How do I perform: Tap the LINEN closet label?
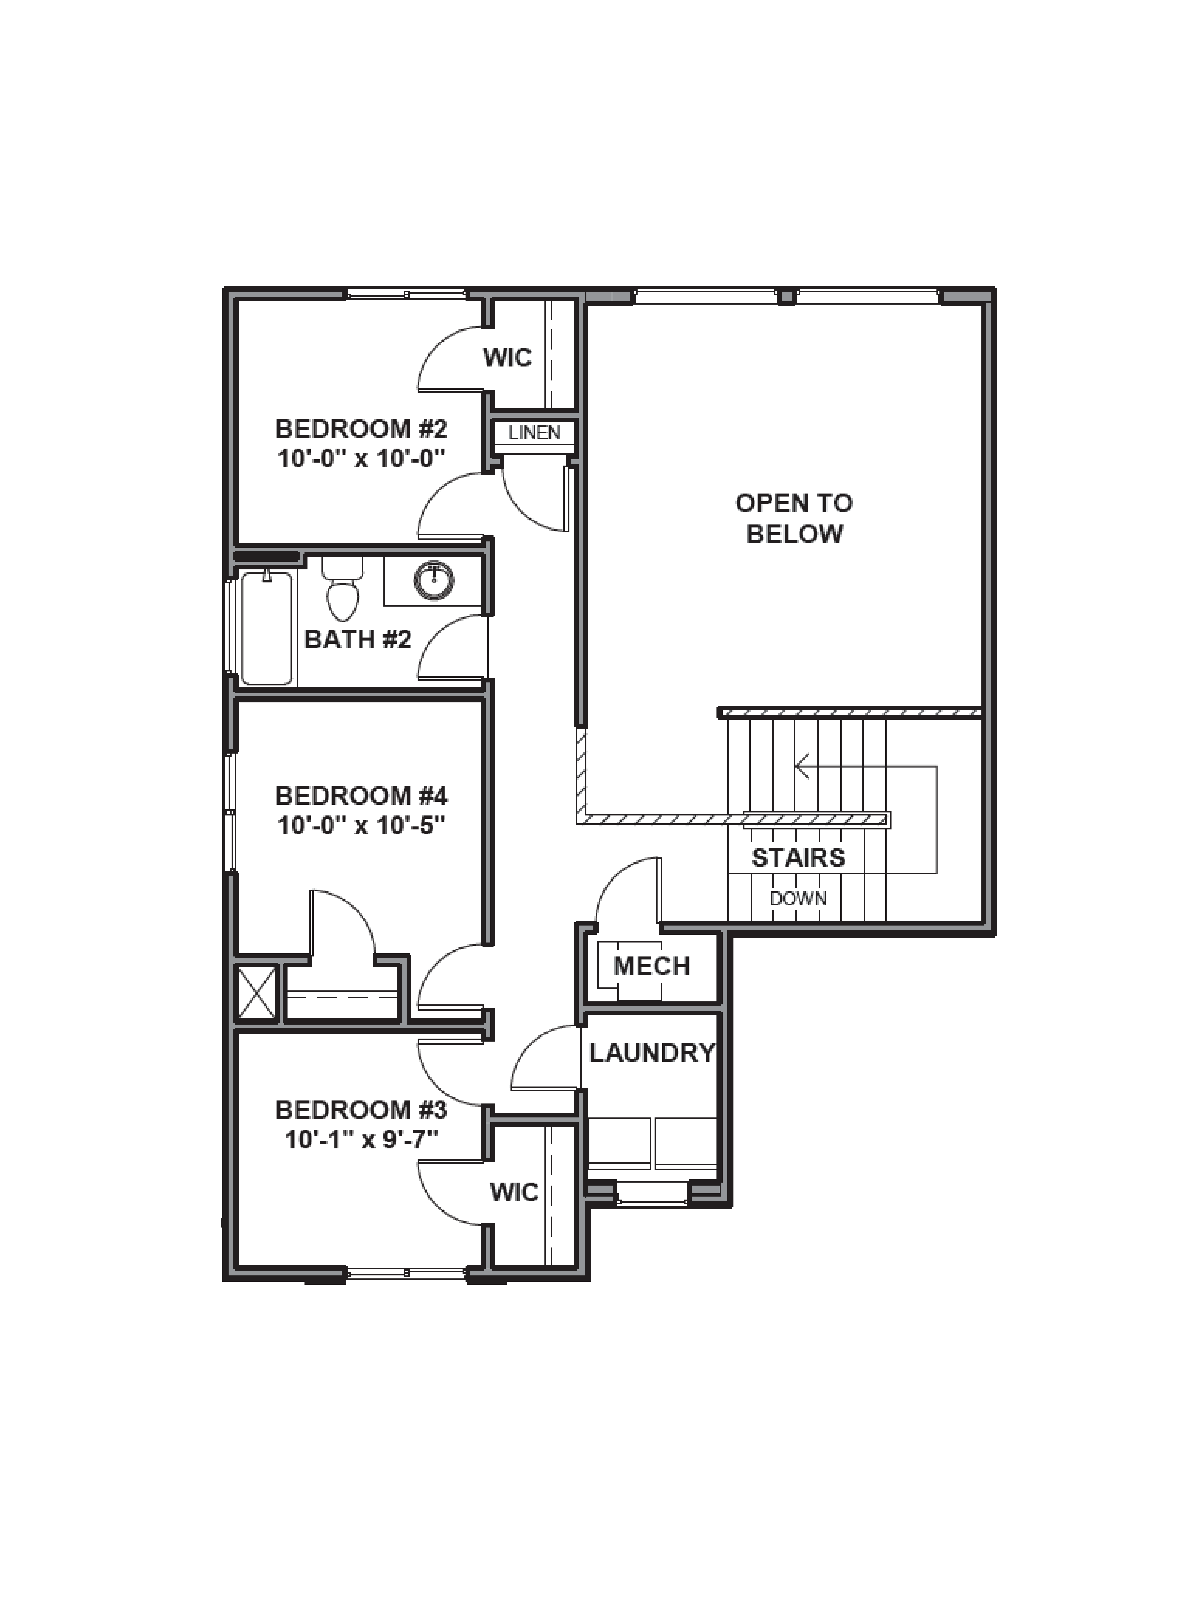pyautogui.click(x=534, y=433)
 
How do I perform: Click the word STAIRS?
pyautogui.click(x=798, y=857)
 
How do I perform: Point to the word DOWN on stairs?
pyautogui.click(x=798, y=899)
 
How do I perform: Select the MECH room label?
pyautogui.click(x=651, y=966)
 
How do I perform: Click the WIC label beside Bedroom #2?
pyautogui.click(x=507, y=357)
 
